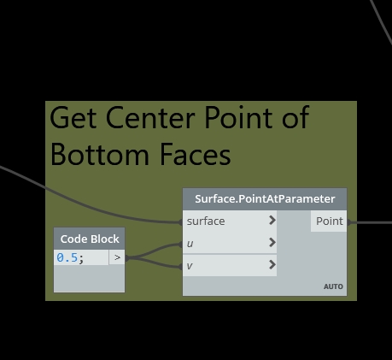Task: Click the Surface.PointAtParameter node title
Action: click(265, 199)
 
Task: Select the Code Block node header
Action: click(90, 239)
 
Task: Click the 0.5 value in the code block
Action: click(67, 257)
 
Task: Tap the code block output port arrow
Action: click(117, 257)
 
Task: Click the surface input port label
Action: click(206, 221)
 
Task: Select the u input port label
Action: click(190, 244)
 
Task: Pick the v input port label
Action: click(190, 266)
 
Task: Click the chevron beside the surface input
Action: click(272, 220)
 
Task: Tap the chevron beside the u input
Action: click(272, 242)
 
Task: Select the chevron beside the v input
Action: click(272, 265)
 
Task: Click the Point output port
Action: click(329, 221)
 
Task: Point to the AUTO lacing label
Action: click(333, 286)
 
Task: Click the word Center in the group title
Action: click(150, 117)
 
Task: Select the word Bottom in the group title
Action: click(100, 155)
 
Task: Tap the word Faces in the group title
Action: click(196, 155)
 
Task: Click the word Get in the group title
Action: click(73, 117)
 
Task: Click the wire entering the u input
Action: click(154, 251)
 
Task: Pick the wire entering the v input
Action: click(154, 263)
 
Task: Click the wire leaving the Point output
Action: click(370, 222)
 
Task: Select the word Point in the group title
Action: click(238, 117)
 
